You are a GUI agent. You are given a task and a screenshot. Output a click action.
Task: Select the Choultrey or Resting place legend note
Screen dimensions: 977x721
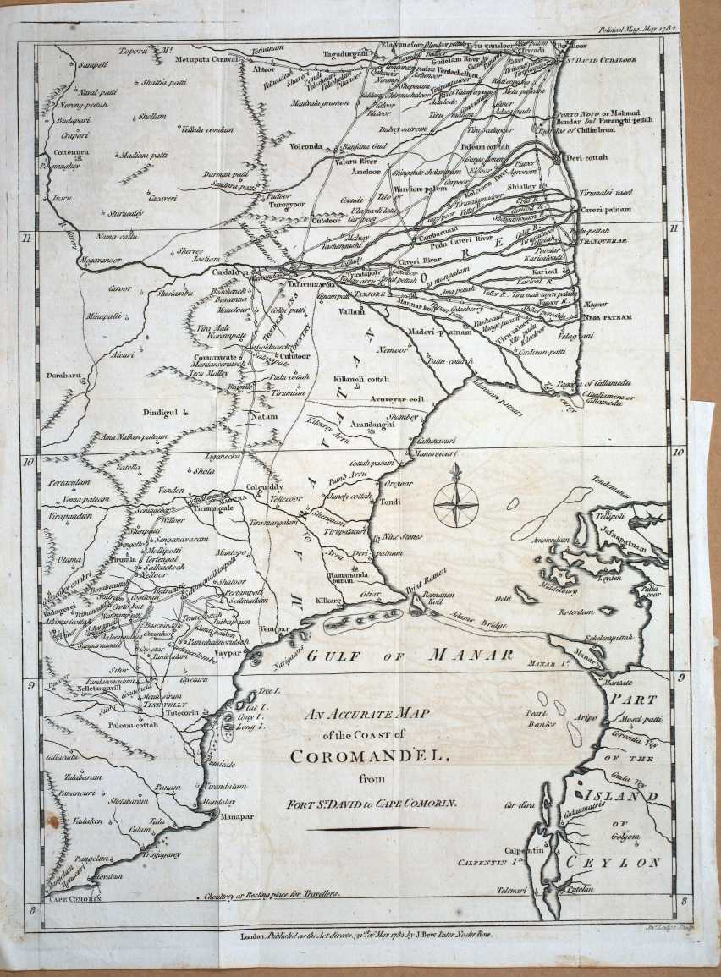[x=272, y=894]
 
